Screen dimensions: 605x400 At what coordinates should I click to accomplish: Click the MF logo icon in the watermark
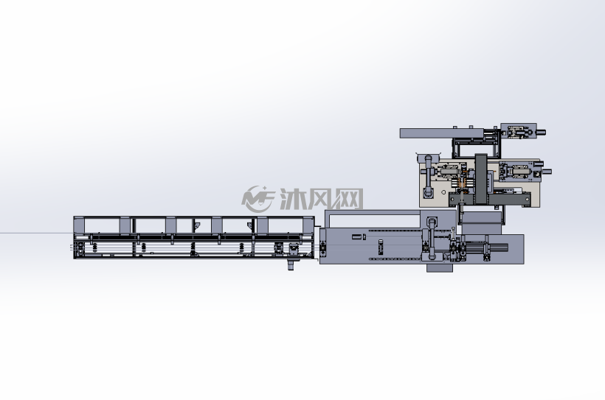[x=257, y=199]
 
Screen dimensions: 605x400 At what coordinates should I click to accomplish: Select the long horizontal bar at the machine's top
[x=441, y=133]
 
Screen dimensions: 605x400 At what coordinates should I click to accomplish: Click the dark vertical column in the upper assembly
[x=481, y=179]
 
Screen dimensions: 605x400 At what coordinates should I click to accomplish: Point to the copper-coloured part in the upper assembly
[x=465, y=184]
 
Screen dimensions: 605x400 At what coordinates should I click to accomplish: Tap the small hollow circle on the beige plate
[x=443, y=192]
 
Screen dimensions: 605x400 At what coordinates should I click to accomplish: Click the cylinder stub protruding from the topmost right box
[x=541, y=133]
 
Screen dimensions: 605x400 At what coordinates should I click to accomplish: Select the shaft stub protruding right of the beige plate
[x=547, y=172]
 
